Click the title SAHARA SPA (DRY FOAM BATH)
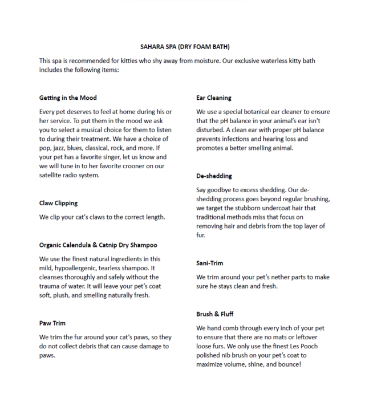tap(185, 46)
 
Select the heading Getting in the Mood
tap(68, 98)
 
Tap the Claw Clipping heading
tap(58, 203)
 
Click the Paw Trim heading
tap(52, 323)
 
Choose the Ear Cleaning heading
tap(214, 98)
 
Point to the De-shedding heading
tap(214, 176)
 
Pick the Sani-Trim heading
tap(209, 263)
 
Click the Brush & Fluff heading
tap(214, 314)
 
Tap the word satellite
tap(52, 175)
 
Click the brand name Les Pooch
tap(316, 346)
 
